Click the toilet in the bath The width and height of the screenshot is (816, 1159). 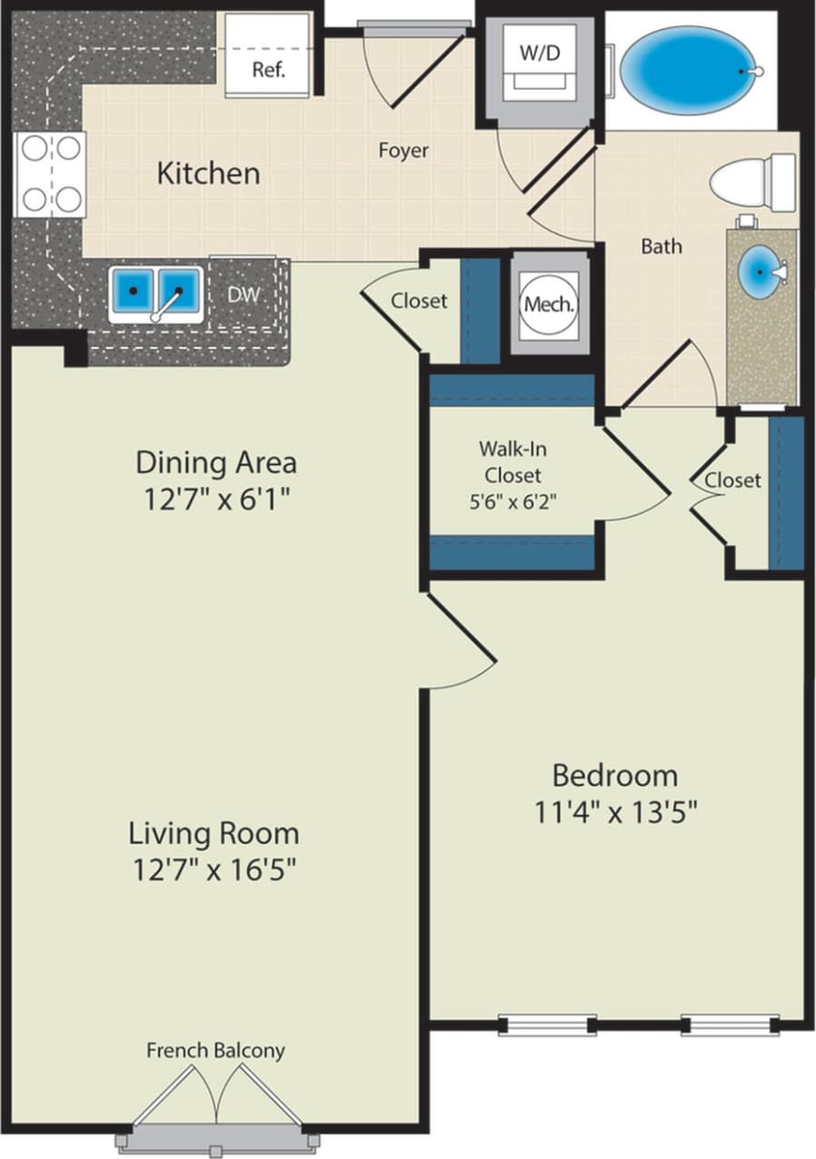click(x=752, y=183)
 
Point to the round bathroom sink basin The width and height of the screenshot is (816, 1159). click(x=761, y=272)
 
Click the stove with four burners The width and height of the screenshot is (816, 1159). click(x=51, y=173)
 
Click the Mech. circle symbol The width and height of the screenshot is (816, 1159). click(x=549, y=304)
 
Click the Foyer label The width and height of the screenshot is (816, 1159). click(x=403, y=151)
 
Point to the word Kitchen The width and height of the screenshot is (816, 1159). click(x=208, y=173)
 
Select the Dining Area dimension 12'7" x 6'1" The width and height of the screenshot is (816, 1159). click(x=216, y=500)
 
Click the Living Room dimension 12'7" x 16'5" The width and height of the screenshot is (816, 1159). click(x=214, y=870)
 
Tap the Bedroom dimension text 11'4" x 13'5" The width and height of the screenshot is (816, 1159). click(x=615, y=812)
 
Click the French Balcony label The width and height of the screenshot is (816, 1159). click(x=215, y=1050)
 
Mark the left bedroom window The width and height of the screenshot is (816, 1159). click(x=547, y=1025)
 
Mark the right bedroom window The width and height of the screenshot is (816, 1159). click(x=731, y=1025)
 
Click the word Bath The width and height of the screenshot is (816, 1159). click(x=662, y=246)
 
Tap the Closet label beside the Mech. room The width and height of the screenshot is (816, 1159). click(x=419, y=301)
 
